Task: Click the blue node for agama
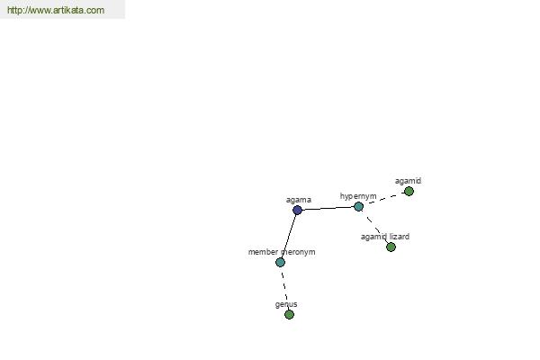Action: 297,210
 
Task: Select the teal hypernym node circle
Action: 358,206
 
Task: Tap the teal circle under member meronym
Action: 280,262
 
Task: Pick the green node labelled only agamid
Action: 409,191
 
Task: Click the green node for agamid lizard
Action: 391,247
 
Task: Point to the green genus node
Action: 289,314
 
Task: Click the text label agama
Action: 299,200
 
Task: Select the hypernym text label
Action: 358,196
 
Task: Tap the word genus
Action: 286,304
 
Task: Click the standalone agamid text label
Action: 408,181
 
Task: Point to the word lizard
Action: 400,237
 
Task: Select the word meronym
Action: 298,252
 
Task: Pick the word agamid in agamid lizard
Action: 374,237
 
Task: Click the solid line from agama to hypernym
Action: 328,208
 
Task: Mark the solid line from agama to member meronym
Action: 289,236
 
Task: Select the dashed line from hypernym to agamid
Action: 384,198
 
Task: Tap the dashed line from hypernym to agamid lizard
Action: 374,227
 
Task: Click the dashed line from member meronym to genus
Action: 284,288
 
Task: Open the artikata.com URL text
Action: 56,10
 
